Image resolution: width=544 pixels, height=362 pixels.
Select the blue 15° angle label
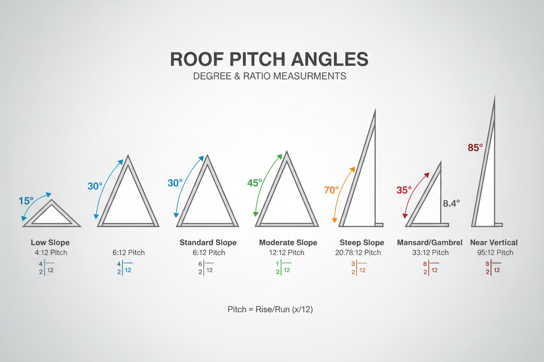26,201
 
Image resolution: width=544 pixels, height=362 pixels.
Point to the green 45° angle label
255,183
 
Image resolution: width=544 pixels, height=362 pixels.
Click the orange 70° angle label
332,190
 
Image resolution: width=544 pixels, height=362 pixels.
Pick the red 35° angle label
404,190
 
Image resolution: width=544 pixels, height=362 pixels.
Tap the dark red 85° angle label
475,147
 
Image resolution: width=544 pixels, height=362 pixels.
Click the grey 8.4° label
451,202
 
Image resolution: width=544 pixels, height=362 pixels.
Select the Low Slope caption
50,242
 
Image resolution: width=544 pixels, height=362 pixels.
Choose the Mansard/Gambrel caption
430,242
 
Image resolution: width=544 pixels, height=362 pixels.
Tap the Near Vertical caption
494,242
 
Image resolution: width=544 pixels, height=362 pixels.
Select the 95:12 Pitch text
494,253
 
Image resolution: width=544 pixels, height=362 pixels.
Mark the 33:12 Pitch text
430,253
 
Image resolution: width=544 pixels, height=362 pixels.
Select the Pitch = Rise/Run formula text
270,310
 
